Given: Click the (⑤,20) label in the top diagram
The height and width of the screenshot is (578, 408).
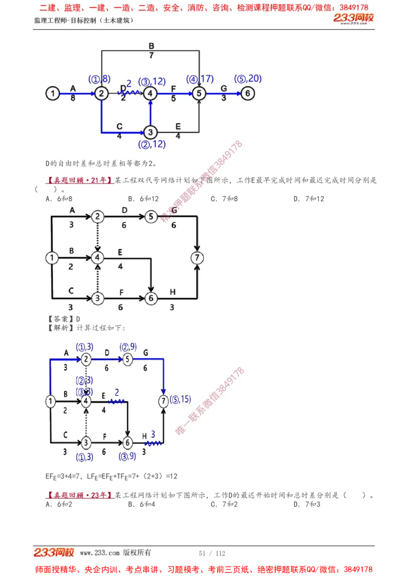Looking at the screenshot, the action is [x=248, y=79].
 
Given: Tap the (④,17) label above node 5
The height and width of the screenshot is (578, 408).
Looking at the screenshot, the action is [x=199, y=79].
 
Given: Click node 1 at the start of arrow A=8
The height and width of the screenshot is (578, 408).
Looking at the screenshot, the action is [x=53, y=93].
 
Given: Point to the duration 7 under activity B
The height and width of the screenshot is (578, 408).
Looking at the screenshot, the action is [x=151, y=55].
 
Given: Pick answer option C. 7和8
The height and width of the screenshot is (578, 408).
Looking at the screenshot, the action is [x=224, y=199].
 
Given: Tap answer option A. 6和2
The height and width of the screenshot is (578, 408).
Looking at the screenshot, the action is [x=59, y=504].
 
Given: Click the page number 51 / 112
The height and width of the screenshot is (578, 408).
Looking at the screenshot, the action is [x=212, y=553].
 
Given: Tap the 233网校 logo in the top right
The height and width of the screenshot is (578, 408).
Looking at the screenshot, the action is [x=353, y=18].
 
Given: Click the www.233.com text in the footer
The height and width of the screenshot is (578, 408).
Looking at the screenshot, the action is [x=99, y=552].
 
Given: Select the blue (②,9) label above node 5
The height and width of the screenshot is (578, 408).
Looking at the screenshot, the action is [x=127, y=347].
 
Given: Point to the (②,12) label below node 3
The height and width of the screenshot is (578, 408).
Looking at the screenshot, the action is [x=151, y=144].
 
